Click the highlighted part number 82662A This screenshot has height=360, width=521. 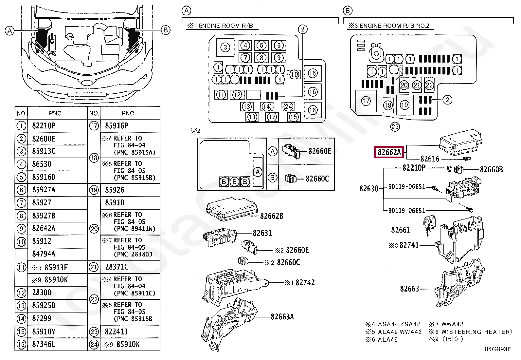389,152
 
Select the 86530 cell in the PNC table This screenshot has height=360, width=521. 42,164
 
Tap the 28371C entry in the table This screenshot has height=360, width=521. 117,267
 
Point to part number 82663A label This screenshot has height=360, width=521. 282,316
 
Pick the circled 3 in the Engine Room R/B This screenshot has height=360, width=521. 225,48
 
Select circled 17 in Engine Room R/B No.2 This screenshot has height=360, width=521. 366,101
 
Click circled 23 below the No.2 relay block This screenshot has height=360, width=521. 395,126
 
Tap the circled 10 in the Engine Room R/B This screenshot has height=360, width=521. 294,74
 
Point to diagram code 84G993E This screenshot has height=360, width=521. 498,349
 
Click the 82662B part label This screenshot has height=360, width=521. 272,216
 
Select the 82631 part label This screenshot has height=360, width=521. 262,233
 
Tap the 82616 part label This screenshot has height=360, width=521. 430,159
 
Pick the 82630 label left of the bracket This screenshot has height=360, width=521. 369,189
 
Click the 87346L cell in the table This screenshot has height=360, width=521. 44,344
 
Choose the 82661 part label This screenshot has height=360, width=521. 401,230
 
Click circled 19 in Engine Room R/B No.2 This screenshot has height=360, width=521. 405,105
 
